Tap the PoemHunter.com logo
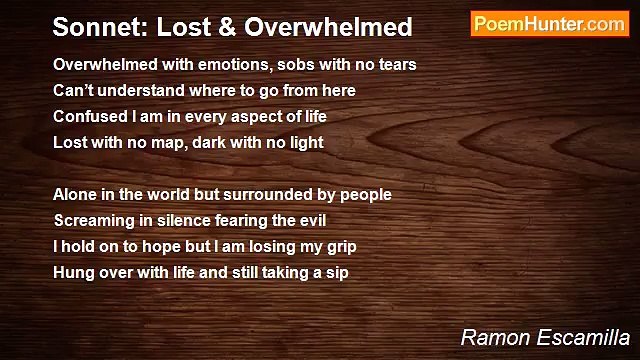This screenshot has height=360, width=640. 549,24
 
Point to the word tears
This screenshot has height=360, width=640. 395,65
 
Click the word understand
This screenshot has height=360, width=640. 138,91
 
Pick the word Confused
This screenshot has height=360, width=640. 90,117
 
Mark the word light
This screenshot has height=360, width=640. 304,143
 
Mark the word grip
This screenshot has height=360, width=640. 339,247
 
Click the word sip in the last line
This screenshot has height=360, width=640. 335,273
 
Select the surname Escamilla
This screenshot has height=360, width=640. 586,335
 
